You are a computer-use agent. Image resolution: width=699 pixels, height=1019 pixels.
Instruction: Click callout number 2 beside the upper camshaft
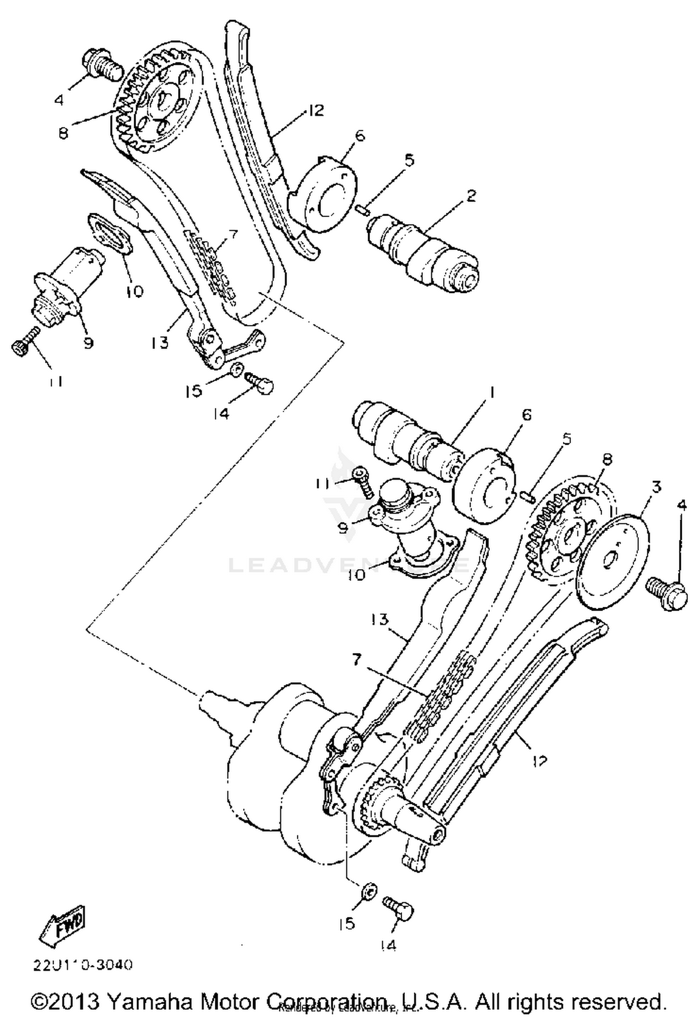tap(471, 196)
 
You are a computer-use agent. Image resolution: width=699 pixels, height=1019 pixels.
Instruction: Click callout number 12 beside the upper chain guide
tap(315, 111)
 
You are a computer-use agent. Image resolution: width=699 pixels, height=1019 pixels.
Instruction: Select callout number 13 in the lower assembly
tap(380, 620)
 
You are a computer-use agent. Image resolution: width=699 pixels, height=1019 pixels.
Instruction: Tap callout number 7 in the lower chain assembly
tap(356, 660)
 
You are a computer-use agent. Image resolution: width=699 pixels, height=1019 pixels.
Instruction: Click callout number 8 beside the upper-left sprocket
tap(63, 134)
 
